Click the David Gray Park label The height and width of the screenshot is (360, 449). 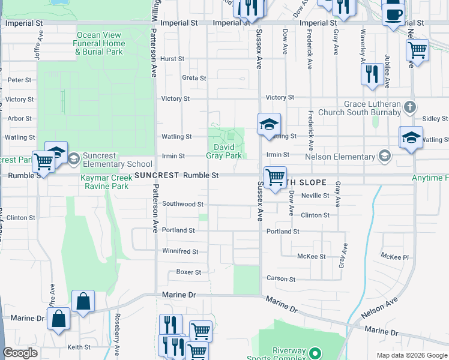pyautogui.click(x=228, y=151)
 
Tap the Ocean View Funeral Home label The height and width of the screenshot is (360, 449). pyautogui.click(x=101, y=44)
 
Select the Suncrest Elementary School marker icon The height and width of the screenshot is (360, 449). pyautogui.click(x=74, y=159)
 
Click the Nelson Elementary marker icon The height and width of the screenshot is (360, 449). pyautogui.click(x=384, y=157)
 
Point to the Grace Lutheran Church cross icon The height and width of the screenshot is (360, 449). pyautogui.click(x=409, y=108)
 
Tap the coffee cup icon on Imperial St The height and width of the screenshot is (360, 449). pyautogui.click(x=393, y=13)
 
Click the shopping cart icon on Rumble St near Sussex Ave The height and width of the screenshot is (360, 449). pyautogui.click(x=275, y=178)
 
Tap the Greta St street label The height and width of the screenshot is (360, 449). pyautogui.click(x=194, y=78)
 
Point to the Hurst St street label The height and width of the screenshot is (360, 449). pyautogui.click(x=172, y=59)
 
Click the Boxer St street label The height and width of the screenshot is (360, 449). pyautogui.click(x=188, y=272)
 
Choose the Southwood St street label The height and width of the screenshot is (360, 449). pyautogui.click(x=182, y=204)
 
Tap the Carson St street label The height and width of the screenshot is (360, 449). pyautogui.click(x=281, y=279)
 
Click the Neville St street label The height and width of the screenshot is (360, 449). pyautogui.click(x=315, y=196)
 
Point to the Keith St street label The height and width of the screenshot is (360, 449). pyautogui.click(x=79, y=347)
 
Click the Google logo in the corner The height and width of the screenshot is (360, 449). pyautogui.click(x=20, y=353)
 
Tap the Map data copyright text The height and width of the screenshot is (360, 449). pyautogui.click(x=411, y=355)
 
